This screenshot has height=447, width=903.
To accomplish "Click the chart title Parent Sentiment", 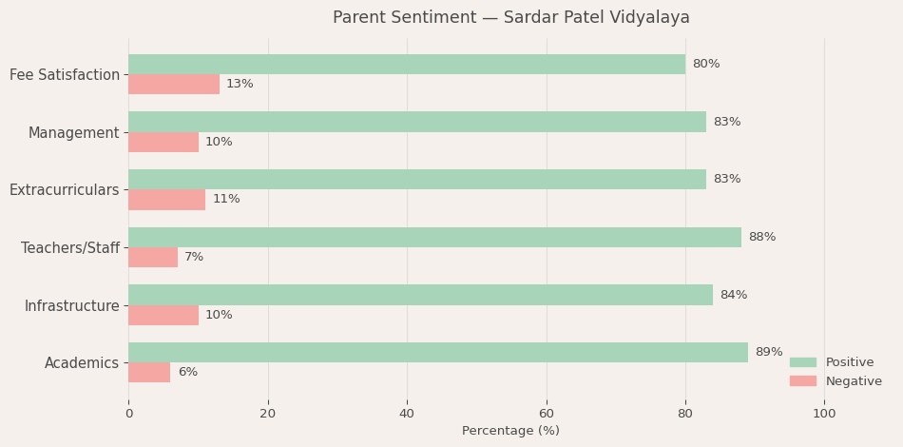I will [510, 18].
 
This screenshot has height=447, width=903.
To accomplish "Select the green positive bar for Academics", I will [438, 353].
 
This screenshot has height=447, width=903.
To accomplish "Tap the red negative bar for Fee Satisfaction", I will [174, 85].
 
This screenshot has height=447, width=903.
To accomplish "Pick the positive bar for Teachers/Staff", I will [434, 238].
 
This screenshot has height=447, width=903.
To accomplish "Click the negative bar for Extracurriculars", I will [166, 200].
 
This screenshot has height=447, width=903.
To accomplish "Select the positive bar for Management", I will [417, 122].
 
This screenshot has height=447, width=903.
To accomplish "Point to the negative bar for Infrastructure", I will [163, 315].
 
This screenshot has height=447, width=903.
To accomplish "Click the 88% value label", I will [761, 238].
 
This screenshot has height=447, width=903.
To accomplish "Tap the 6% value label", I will [187, 373].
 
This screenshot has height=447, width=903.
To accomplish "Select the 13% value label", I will [240, 85].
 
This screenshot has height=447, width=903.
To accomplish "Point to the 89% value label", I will [768, 353].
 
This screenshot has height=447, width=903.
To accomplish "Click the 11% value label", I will [226, 200].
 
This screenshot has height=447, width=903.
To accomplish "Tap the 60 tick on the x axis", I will [547, 414].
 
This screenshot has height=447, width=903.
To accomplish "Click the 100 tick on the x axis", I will [824, 414].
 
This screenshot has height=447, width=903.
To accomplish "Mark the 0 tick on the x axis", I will [129, 414].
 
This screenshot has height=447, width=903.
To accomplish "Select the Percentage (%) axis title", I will [510, 431].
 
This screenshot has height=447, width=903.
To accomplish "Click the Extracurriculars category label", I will [65, 190].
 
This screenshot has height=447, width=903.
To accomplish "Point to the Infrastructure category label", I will [72, 305].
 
